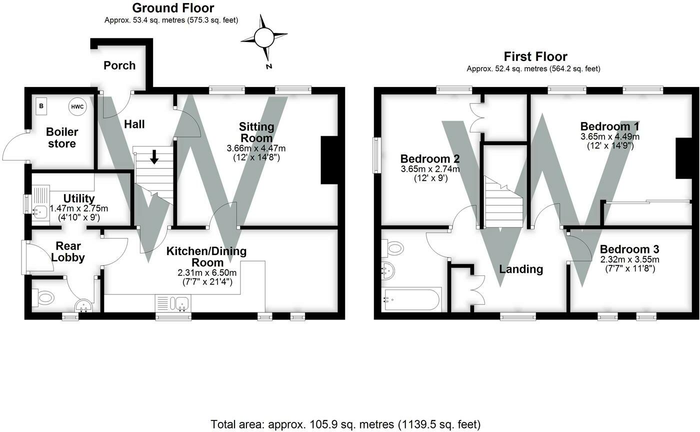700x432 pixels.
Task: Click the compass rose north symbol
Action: [x=264, y=37]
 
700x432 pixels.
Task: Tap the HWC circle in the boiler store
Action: [x=77, y=106]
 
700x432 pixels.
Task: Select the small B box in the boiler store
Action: [x=41, y=106]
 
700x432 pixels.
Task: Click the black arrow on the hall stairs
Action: [x=154, y=157]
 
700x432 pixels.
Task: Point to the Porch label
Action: [x=119, y=65]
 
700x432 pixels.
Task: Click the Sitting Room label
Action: [x=256, y=132]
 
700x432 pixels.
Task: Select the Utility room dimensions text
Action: [x=78, y=212]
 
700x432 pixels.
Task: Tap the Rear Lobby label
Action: [x=68, y=252]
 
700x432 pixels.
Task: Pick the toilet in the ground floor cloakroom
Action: [x=44, y=298]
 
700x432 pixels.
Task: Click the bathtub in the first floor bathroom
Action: [x=411, y=300]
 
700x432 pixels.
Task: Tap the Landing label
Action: [x=521, y=269]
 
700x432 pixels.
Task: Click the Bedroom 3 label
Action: [x=629, y=249]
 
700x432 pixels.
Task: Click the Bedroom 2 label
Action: [x=430, y=158]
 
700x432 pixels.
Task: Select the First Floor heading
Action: [x=535, y=56]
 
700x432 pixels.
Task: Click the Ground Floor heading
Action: [x=173, y=8]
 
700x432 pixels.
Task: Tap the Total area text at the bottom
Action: [x=345, y=424]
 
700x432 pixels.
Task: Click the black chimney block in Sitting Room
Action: [x=328, y=160]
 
